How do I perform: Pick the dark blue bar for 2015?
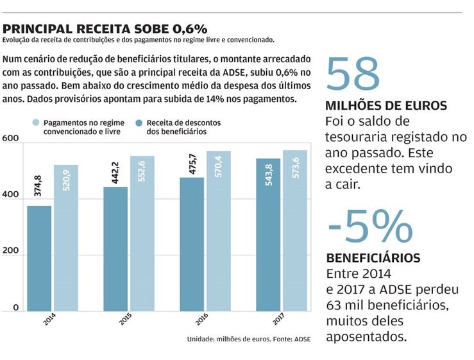point(115,249)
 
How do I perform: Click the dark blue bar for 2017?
point(268,234)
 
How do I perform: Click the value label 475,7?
point(192,161)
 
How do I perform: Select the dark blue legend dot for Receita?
point(139,122)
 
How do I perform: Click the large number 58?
point(353,75)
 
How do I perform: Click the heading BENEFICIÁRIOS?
point(373,258)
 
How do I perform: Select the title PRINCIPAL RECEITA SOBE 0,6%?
point(105,29)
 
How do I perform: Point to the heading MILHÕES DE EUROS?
point(386,106)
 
